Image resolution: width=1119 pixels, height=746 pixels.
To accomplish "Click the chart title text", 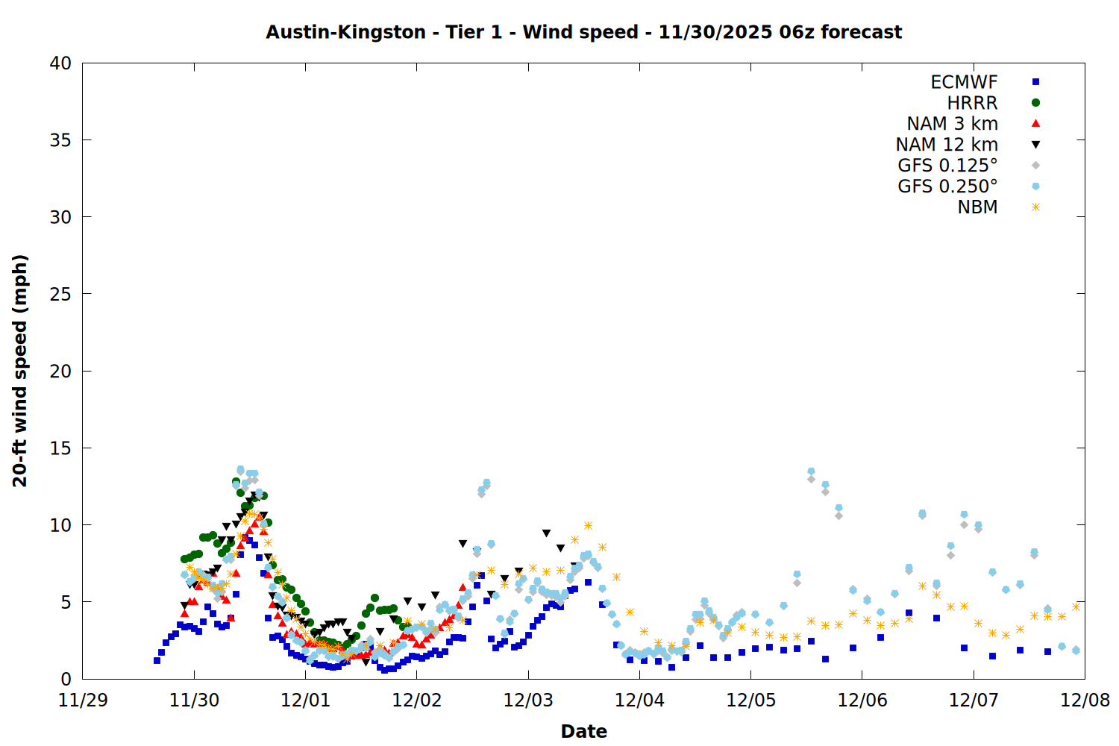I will [x=583, y=32].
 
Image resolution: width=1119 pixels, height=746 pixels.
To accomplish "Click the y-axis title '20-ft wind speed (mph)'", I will [x=20, y=371].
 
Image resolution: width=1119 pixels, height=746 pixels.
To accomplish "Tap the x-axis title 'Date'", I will [x=583, y=731].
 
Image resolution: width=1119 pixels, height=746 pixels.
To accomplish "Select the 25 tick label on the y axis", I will [x=60, y=294].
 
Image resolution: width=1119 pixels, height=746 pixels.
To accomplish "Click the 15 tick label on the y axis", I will [x=60, y=448].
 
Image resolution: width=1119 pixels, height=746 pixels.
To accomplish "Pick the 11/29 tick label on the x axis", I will [x=82, y=700].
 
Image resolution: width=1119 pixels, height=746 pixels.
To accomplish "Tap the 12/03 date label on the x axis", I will [x=528, y=700].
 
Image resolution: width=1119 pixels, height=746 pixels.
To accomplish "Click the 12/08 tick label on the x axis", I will [x=1085, y=700].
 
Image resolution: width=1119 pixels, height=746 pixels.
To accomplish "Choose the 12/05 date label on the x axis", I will [x=750, y=700].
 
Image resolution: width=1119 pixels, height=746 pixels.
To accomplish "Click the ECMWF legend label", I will [x=964, y=82].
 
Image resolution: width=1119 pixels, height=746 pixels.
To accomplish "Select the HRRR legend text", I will [x=972, y=103].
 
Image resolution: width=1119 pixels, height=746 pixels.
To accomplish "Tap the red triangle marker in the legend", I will [x=1035, y=123].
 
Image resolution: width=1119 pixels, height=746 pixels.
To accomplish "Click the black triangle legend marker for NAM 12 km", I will [x=1035, y=145].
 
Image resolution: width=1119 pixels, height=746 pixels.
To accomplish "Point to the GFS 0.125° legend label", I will [x=947, y=166].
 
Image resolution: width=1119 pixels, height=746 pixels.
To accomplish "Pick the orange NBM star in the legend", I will [x=1035, y=207].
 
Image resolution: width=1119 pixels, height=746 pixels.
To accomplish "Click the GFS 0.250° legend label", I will [x=947, y=186].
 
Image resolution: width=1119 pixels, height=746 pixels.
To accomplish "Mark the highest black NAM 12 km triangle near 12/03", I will [x=547, y=533].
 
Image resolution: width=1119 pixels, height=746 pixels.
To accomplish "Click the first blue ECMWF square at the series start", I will [x=157, y=660].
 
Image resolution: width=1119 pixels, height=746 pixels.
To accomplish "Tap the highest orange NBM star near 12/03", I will [x=588, y=526].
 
